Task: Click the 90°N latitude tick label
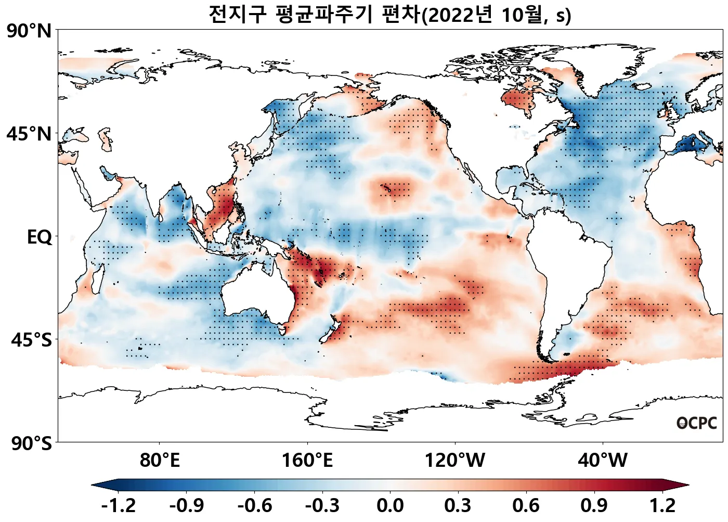coord(29,31)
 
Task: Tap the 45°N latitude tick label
coord(29,134)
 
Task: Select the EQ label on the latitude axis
coord(40,237)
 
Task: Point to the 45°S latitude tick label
coord(31,340)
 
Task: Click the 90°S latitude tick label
coord(31,443)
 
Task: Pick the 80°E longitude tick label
coord(160,460)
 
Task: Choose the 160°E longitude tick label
coord(307,460)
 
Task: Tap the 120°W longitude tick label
coord(455,460)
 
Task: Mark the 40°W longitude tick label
coord(603,460)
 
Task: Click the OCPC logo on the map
coord(697,423)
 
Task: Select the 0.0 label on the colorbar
coord(390,505)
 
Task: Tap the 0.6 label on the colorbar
coord(526,505)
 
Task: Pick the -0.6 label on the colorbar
coord(254,505)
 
